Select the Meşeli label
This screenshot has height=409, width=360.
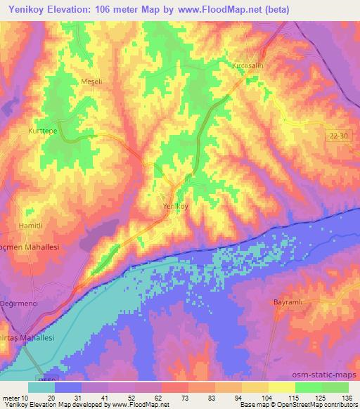click(x=92, y=82)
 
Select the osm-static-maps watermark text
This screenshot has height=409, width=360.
click(x=326, y=374)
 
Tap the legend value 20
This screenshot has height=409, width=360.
click(x=51, y=398)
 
